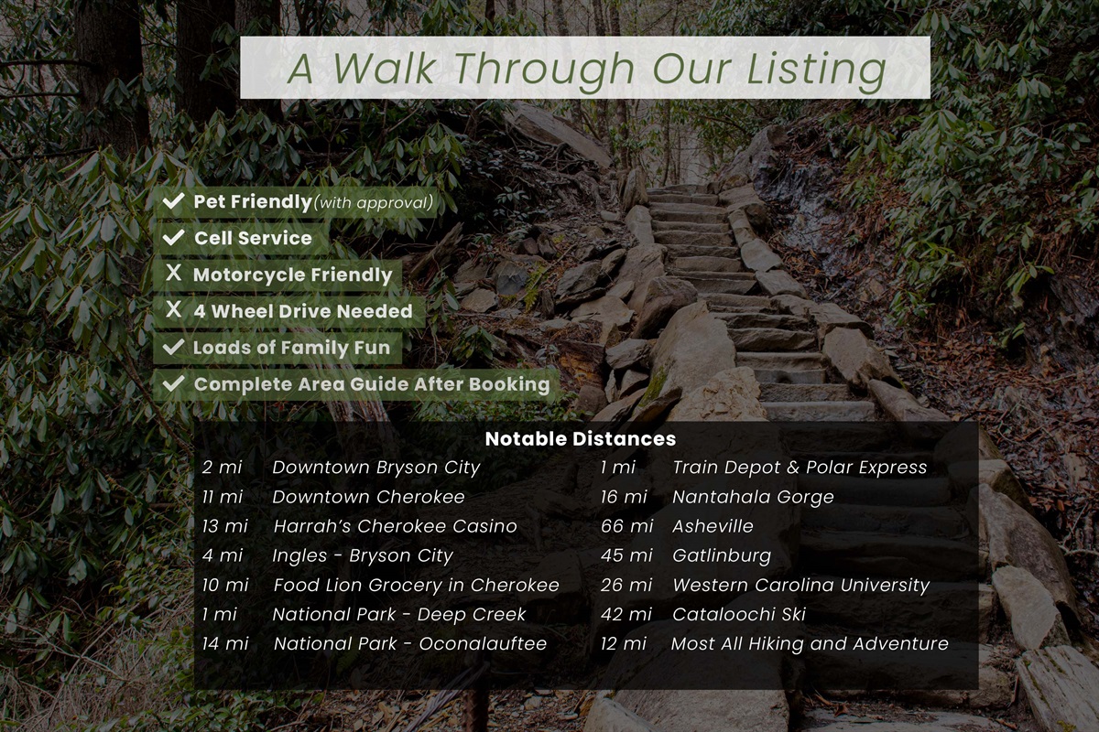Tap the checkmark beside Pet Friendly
[x=173, y=201]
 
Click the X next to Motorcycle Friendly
[x=173, y=274]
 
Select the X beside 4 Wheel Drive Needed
[x=173, y=311]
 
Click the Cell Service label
[x=253, y=238]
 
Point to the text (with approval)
[x=373, y=202]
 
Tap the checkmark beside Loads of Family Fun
[x=173, y=348]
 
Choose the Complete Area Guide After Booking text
[x=372, y=384]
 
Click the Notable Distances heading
[x=580, y=438]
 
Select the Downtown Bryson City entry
[x=375, y=468]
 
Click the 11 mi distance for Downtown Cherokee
[x=223, y=497]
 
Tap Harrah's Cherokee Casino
[x=395, y=526]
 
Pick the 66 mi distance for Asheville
[x=626, y=526]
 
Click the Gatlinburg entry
[x=721, y=555]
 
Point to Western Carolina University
[x=800, y=585]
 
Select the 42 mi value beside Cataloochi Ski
[x=626, y=614]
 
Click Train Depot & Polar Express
[x=799, y=468]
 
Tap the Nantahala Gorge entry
[x=753, y=497]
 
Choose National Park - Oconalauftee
[x=409, y=643]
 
